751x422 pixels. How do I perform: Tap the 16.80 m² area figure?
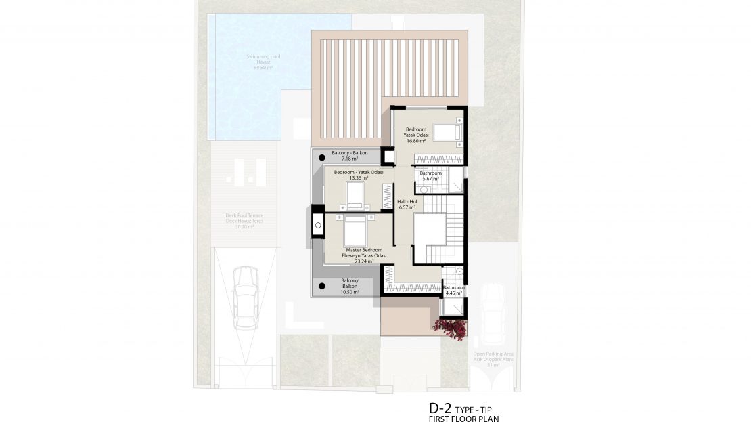pyautogui.click(x=415, y=141)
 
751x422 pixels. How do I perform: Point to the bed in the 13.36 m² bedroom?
pyautogui.click(x=355, y=195)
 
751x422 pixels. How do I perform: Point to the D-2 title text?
pyautogui.click(x=440, y=408)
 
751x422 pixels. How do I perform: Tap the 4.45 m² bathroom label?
pyautogui.click(x=453, y=291)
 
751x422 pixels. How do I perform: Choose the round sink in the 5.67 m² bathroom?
pyautogui.click(x=424, y=190)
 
